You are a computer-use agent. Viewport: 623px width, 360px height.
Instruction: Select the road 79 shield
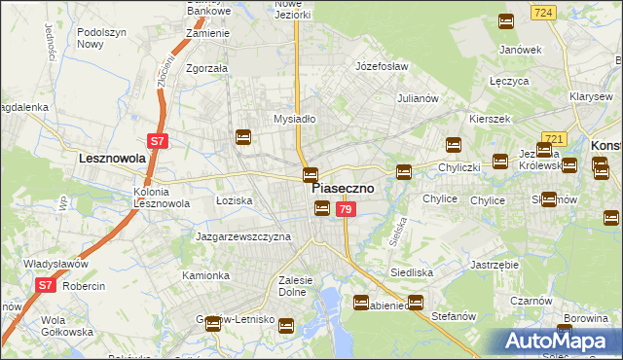[x=345, y=210]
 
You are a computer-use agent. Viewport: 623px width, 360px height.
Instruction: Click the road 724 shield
[x=544, y=12]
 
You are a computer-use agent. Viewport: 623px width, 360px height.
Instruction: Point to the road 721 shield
[x=554, y=140]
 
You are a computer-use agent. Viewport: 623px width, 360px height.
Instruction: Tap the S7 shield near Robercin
[x=46, y=285]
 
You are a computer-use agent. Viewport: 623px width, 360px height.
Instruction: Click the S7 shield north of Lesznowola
[x=159, y=141]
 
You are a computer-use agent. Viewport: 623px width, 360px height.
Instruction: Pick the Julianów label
[x=421, y=98]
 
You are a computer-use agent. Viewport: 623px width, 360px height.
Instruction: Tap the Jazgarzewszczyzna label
[x=243, y=236]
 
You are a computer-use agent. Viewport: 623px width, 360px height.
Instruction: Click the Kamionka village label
[x=205, y=275]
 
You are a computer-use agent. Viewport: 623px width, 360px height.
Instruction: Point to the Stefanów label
[x=453, y=315]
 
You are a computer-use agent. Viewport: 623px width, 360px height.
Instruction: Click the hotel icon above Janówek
[x=506, y=21]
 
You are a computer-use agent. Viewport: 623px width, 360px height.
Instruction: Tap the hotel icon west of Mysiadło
[x=243, y=137]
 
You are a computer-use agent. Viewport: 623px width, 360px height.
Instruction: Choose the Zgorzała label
[x=206, y=69]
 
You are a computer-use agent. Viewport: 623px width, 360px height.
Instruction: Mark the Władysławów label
[x=56, y=264]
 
